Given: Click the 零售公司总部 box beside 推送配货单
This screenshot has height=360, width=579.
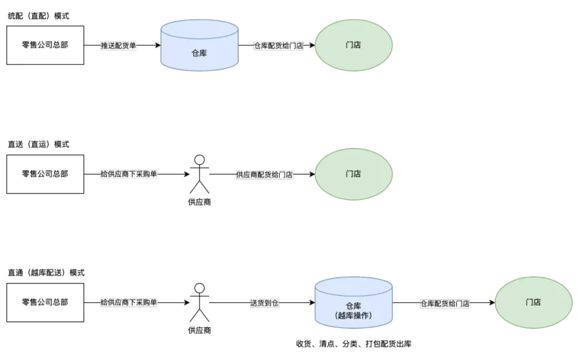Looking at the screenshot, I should (x=44, y=46).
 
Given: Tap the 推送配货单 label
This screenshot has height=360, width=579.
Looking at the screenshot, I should (x=119, y=46).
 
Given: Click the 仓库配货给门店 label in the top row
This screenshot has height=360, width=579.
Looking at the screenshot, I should (x=278, y=46).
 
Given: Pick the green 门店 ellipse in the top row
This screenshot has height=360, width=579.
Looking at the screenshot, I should (x=353, y=45).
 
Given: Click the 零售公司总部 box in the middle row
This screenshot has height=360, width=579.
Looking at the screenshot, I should (x=44, y=174).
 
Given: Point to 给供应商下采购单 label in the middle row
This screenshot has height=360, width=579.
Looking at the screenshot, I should (x=129, y=174).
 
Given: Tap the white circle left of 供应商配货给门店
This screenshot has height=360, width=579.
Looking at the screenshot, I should (x=199, y=159).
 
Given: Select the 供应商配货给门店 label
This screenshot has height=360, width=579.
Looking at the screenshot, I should (x=264, y=175).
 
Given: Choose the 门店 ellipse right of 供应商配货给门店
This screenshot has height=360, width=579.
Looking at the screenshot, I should (x=353, y=174).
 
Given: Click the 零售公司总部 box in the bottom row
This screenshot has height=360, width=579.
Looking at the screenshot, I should (x=44, y=303).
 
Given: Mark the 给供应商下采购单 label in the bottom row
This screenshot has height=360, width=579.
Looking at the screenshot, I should (x=129, y=303).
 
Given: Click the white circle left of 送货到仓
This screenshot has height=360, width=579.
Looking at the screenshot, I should (x=199, y=288).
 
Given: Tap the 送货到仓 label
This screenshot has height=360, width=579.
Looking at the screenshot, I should (x=264, y=303).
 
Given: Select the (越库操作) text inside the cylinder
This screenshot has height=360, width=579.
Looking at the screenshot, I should (x=353, y=315).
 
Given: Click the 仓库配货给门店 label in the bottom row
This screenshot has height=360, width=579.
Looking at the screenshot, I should (x=445, y=303).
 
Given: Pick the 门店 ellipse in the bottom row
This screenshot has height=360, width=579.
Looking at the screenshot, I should (x=533, y=303).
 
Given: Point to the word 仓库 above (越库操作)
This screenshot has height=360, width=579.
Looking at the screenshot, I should (x=353, y=305).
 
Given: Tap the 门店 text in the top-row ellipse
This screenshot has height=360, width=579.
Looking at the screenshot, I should (x=353, y=45).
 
